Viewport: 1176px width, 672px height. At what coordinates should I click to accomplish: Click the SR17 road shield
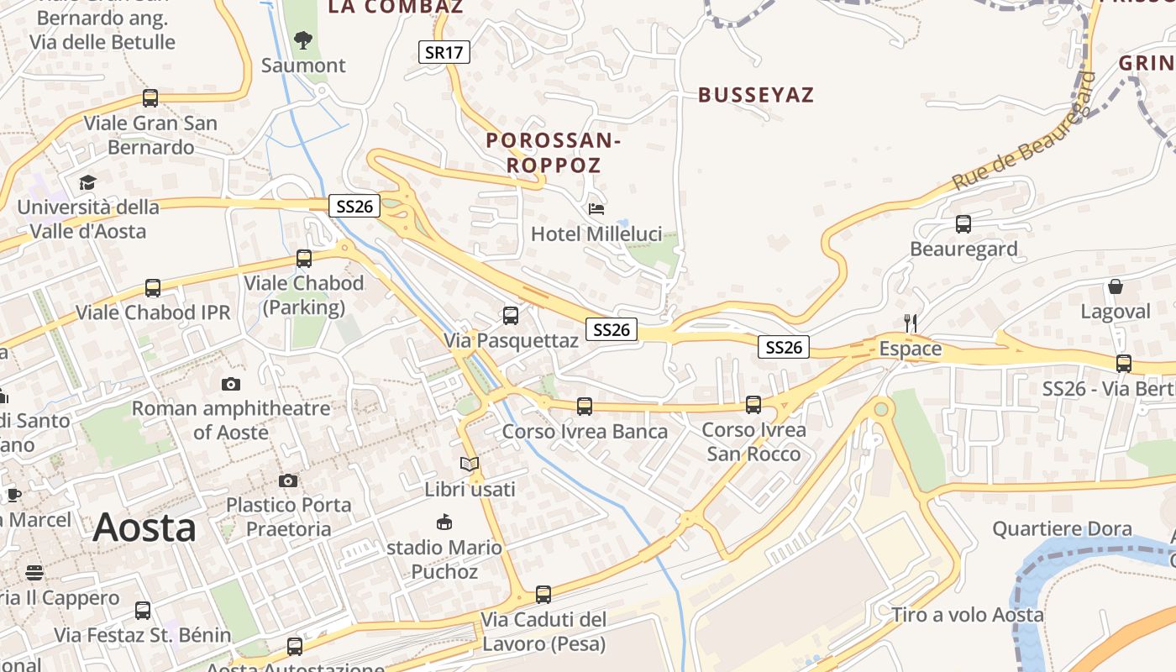click(444, 52)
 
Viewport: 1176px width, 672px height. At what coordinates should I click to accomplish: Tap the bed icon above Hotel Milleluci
click(596, 208)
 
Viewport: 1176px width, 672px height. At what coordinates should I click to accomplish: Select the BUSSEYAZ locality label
click(756, 94)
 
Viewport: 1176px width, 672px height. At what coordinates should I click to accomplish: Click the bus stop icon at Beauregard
click(963, 224)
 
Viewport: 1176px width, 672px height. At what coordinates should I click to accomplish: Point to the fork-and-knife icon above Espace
click(909, 323)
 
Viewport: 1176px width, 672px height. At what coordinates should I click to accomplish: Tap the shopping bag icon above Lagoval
click(1116, 286)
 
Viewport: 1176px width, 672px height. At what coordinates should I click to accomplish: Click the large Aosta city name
click(144, 528)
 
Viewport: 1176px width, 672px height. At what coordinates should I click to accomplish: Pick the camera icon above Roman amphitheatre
click(231, 384)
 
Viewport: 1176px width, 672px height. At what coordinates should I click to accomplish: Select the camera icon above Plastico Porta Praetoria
click(288, 480)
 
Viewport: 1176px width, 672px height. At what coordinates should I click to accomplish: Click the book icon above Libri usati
click(469, 464)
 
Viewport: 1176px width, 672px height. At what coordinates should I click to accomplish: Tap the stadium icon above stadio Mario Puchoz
click(444, 522)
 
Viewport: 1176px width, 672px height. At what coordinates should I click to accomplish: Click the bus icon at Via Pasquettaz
click(511, 316)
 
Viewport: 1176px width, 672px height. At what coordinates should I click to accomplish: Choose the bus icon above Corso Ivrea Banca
click(585, 407)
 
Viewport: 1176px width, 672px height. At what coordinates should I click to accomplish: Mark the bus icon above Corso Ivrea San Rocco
click(753, 405)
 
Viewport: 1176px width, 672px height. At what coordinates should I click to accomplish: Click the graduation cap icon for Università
click(87, 182)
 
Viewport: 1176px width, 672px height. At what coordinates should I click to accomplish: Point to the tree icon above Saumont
click(302, 39)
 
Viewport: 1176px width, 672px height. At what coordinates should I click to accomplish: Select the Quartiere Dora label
click(1062, 529)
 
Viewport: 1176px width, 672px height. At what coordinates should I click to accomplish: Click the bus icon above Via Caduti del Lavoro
click(543, 595)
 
